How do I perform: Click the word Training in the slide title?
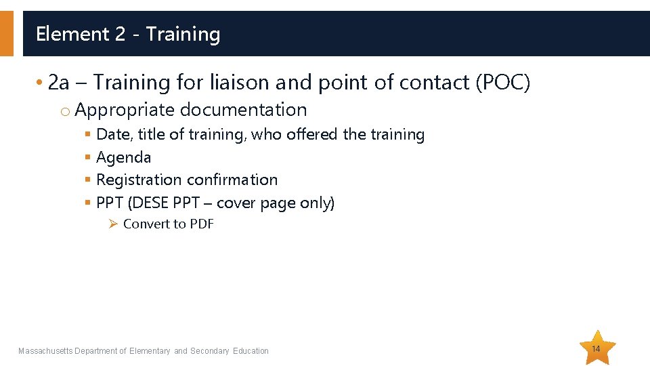(x=183, y=34)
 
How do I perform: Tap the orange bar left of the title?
(x=6, y=33)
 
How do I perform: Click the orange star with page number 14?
(x=596, y=348)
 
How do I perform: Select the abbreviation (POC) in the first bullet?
(x=503, y=83)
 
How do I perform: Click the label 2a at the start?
(x=59, y=83)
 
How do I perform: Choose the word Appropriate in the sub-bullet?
(x=125, y=110)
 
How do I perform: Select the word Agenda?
(x=124, y=158)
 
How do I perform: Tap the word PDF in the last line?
(x=201, y=224)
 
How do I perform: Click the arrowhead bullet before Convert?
(x=114, y=224)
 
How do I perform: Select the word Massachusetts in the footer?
(x=45, y=351)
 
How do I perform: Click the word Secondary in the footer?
(x=210, y=351)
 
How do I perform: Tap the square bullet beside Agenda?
(x=87, y=158)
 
